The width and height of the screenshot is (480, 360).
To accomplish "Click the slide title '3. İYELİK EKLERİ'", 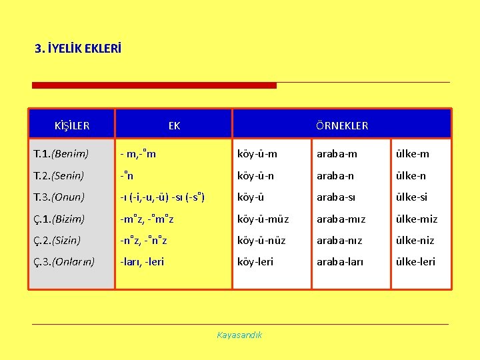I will pos(78,49).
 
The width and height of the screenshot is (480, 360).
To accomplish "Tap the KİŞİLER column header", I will pos(72,125).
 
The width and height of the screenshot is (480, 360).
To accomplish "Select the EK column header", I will pos(174,125).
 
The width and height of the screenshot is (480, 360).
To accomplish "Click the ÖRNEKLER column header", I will pos(341,125).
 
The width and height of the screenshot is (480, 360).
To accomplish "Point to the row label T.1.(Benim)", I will pos(61,154).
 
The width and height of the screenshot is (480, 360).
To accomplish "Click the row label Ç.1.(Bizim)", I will pos(59,219).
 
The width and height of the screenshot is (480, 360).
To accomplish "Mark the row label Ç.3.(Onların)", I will pos(64,261).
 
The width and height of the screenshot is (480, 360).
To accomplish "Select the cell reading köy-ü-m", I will pos(257,154).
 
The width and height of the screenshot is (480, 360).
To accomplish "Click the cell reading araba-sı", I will pos(337,197).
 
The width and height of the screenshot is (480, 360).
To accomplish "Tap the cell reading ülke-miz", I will pos(416,219).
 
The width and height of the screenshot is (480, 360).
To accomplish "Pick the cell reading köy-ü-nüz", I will pos(262,240).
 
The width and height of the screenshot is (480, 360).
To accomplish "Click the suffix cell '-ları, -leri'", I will pos(142,261).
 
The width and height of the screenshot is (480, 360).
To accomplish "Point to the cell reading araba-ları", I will pos(340,261).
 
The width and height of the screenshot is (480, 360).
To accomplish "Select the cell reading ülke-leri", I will pos(415,261).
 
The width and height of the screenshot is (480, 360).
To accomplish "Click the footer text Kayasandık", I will pos(239,335).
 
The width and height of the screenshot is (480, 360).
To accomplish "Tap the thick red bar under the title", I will pos(154,85).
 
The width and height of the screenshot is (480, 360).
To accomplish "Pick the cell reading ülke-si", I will pos(411,197).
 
